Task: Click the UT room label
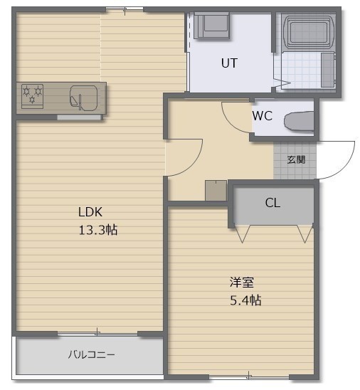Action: tap(229, 63)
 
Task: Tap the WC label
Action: tap(263, 116)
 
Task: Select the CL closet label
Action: tap(272, 203)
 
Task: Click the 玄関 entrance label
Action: tap(296, 159)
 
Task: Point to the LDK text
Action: tap(90, 212)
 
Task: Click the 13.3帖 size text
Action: tap(98, 230)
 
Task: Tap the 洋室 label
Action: tap(241, 283)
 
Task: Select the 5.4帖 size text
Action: tap(245, 300)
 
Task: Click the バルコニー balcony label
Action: tap(92, 354)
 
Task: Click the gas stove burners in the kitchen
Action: tap(32, 97)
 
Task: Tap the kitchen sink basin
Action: tap(83, 98)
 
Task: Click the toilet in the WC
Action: tap(299, 121)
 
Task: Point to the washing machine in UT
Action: tap(211, 26)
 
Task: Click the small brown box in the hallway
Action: tap(216, 191)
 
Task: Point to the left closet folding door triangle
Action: tap(243, 234)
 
